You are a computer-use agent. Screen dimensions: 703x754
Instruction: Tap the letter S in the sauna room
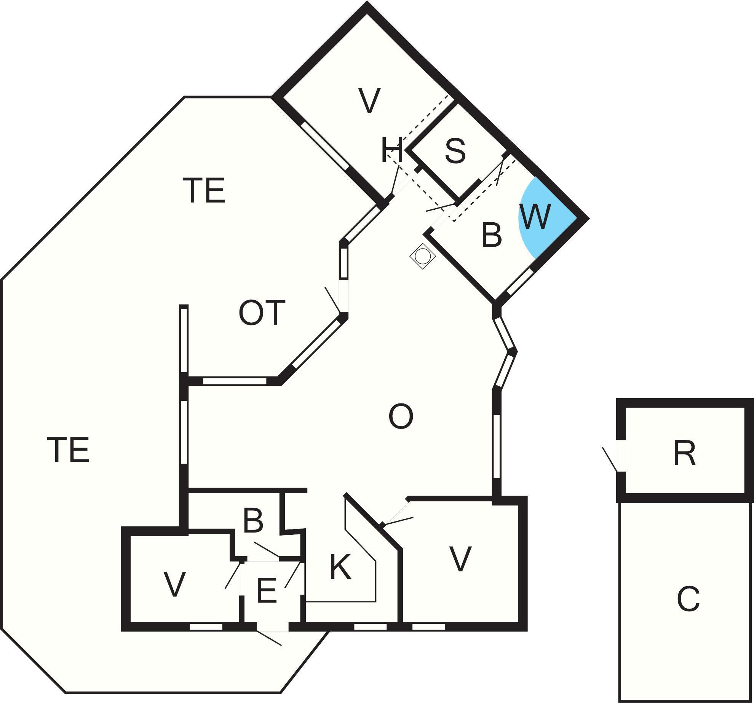[455, 151]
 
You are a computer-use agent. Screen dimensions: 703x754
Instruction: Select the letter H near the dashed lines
[392, 150]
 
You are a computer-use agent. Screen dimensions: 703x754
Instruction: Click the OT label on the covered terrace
[262, 313]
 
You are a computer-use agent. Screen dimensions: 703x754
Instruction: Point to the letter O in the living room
[401, 417]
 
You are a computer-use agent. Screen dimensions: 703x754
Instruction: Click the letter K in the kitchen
[340, 567]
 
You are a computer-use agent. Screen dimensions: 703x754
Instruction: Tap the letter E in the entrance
[266, 590]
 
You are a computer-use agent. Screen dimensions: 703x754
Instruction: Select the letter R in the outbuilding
[684, 453]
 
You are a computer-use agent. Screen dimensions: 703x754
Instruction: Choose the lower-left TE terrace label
[69, 450]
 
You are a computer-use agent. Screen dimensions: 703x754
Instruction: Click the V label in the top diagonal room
[369, 101]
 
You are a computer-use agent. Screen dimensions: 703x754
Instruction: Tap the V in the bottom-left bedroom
[174, 584]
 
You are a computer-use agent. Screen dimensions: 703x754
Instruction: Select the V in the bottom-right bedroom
[460, 559]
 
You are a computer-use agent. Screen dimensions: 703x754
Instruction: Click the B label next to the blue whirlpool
[491, 235]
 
